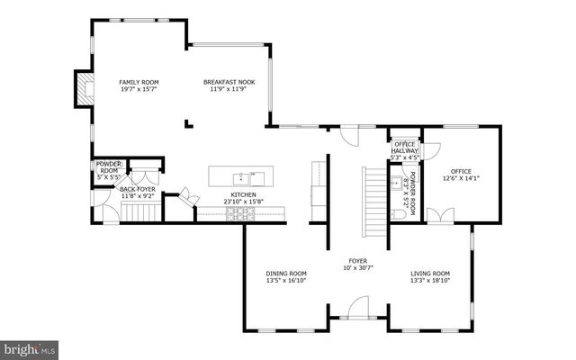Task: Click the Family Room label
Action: pyautogui.click(x=138, y=82)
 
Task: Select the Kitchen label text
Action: pyautogui.click(x=243, y=194)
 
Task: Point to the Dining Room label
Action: pyautogui.click(x=285, y=274)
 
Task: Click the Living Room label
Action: pyautogui.click(x=430, y=274)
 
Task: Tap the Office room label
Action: pyautogui.click(x=461, y=170)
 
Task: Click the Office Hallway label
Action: pyautogui.click(x=404, y=148)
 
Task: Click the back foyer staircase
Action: pyautogui.click(x=139, y=212)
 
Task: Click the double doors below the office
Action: pyautogui.click(x=439, y=216)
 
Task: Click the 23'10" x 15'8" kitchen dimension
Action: pyautogui.click(x=243, y=202)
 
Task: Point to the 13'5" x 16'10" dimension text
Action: pyautogui.click(x=285, y=281)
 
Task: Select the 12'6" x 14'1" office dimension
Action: pyautogui.click(x=461, y=177)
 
